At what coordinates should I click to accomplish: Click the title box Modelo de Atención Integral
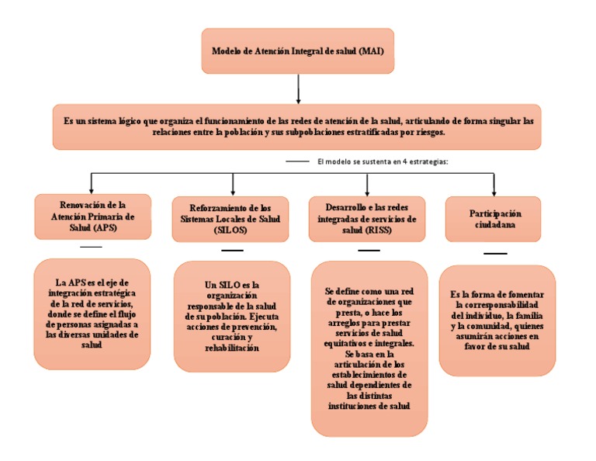(x=298, y=51)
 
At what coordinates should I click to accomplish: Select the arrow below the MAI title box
(x=298, y=89)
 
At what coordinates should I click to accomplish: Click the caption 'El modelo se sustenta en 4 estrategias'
(x=383, y=161)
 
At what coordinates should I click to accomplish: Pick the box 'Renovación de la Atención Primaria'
(x=92, y=217)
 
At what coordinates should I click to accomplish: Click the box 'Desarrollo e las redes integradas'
(x=367, y=220)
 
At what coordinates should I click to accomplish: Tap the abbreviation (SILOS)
(x=232, y=231)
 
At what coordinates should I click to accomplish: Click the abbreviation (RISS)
(x=386, y=230)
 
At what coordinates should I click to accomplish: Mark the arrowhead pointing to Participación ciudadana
(x=494, y=192)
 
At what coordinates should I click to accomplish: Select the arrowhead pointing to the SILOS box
(x=233, y=192)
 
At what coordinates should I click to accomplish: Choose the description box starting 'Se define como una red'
(x=369, y=348)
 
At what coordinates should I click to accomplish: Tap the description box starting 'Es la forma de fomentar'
(x=497, y=321)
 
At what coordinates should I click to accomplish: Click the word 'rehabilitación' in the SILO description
(x=232, y=349)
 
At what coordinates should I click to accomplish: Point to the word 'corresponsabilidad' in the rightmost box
(x=497, y=306)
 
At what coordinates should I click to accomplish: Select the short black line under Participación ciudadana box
(x=495, y=254)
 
